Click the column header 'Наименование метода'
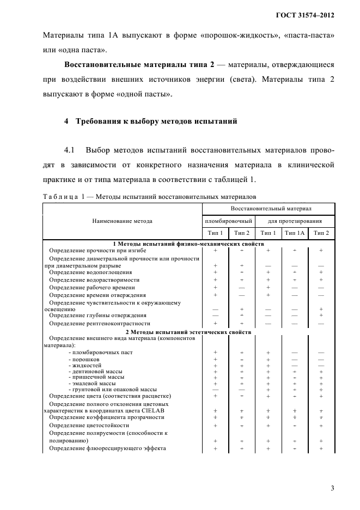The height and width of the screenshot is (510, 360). (x=122, y=221)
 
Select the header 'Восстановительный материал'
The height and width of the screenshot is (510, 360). (x=268, y=209)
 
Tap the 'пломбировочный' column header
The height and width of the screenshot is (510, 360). (x=228, y=221)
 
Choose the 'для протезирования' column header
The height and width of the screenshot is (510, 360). (x=295, y=221)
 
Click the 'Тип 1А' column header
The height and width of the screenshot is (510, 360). (x=295, y=233)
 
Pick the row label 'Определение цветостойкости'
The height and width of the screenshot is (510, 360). (x=89, y=425)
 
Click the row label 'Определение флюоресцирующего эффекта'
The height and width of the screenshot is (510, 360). (x=107, y=448)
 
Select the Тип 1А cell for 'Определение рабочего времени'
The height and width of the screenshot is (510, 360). (x=295, y=287)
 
